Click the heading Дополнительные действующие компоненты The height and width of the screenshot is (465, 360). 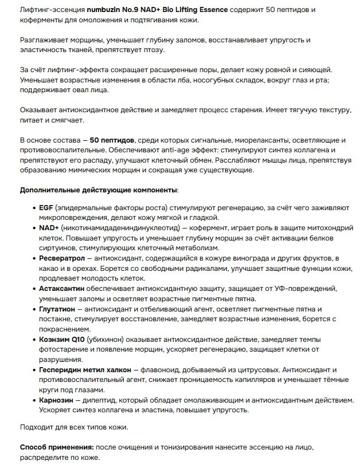(x=98, y=189)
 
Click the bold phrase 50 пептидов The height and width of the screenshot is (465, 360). (x=112, y=140)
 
